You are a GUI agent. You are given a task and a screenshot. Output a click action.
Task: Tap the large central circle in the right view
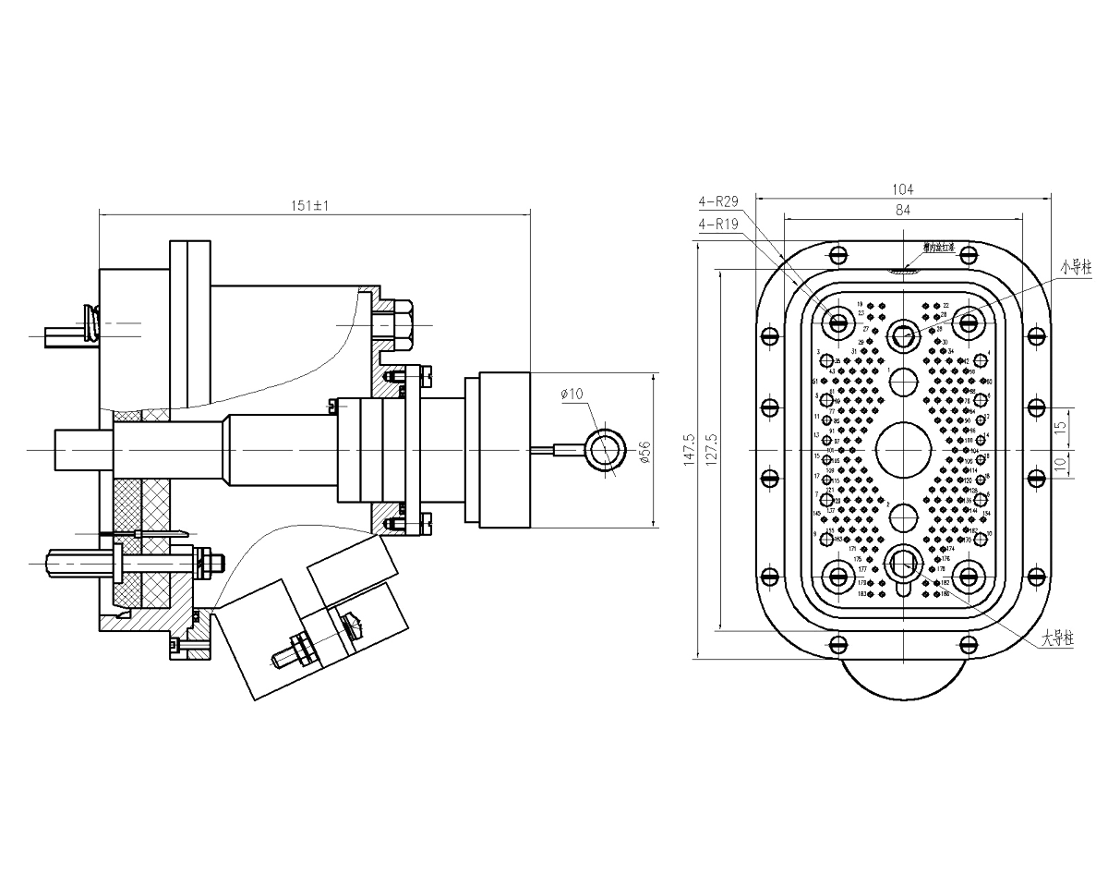(904, 450)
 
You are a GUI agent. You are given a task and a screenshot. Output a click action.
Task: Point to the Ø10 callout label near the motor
(574, 395)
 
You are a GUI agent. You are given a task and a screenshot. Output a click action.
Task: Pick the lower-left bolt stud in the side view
(78, 561)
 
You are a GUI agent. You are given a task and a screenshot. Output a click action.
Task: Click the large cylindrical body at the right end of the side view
(503, 450)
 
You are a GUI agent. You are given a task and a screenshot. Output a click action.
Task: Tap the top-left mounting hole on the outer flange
(837, 254)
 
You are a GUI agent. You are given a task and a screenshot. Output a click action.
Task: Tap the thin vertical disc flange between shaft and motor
(410, 450)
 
